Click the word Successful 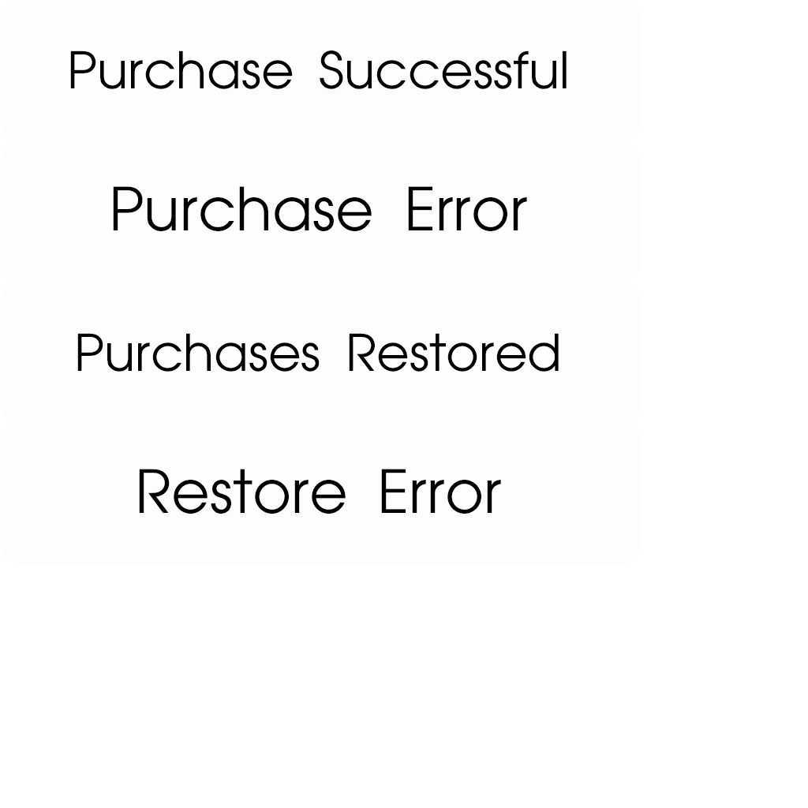point(443,71)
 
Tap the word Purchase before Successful point(181,71)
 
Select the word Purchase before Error point(241,211)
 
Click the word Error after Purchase point(466,211)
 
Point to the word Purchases point(197,353)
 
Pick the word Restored point(454,353)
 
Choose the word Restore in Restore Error point(241,492)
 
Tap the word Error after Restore point(440,492)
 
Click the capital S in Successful point(331,71)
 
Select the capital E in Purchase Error point(417,211)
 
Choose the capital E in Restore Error point(391,492)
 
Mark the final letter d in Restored point(546,353)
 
